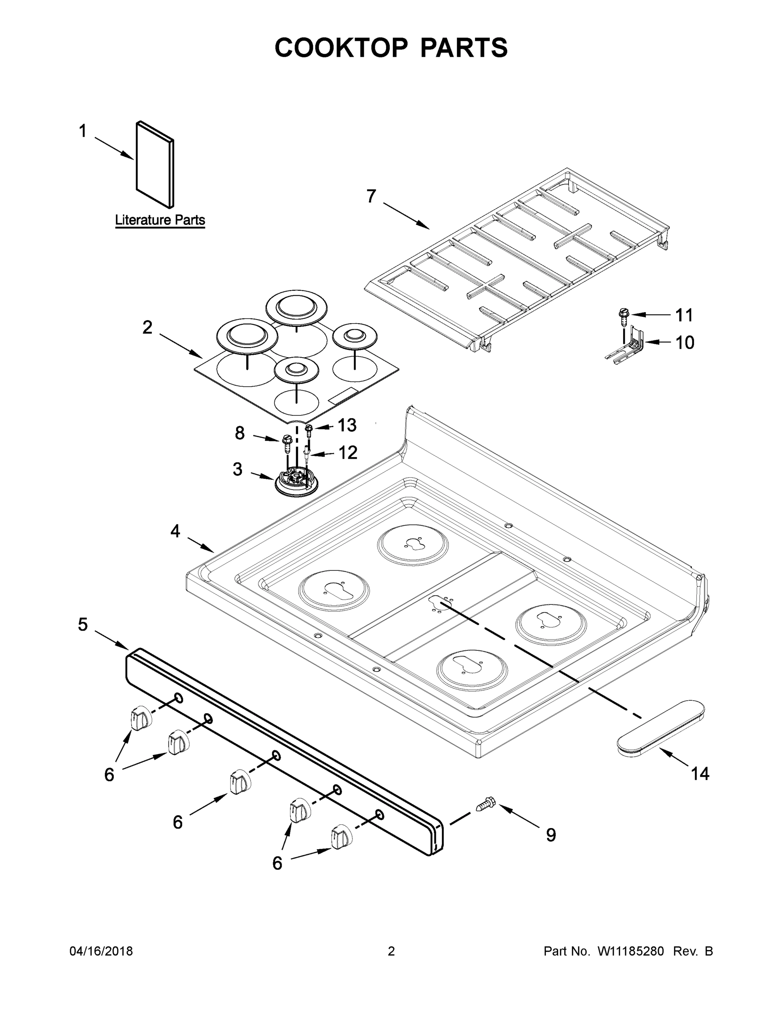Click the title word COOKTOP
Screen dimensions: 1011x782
coord(341,48)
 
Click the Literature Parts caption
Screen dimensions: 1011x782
coord(160,220)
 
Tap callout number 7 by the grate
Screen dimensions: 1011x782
coord(371,197)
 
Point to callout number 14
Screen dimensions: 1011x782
coord(699,773)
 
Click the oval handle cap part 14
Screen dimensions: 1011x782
coord(661,729)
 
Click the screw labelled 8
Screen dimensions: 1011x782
coord(286,445)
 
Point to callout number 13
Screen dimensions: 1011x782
coord(347,425)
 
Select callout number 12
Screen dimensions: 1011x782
coord(348,453)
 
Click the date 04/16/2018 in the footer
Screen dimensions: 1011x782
coord(101,951)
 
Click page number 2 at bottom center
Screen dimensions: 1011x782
coord(391,951)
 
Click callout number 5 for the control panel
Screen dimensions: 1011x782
coord(83,624)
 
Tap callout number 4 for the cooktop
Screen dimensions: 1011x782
coord(175,531)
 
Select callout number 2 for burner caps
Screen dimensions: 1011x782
coord(147,328)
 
